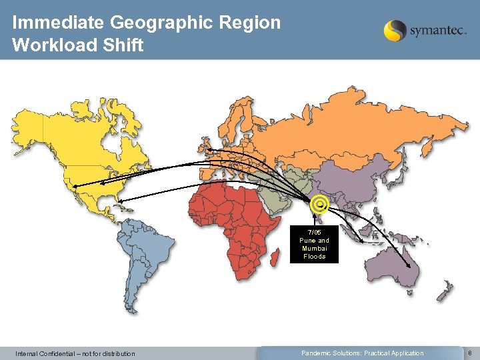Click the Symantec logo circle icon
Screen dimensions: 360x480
(395, 31)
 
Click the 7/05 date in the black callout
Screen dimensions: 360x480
(314, 233)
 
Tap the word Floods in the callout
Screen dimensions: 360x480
(314, 257)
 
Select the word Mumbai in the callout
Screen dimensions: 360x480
(314, 249)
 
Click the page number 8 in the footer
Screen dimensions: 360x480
(471, 353)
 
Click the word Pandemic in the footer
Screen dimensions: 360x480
(317, 353)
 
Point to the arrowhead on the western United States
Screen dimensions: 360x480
(75, 185)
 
